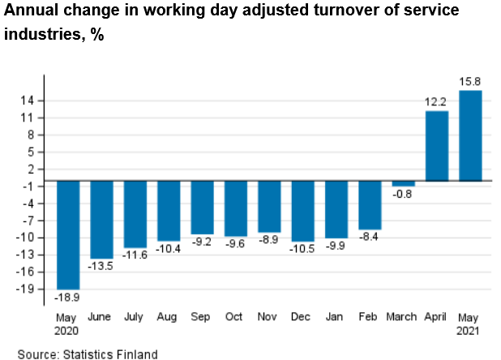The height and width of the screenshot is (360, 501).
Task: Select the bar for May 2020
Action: (x=68, y=234)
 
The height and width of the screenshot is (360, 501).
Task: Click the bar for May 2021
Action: (x=470, y=135)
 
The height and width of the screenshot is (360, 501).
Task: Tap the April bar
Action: (x=437, y=146)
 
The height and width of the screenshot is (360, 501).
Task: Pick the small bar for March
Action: (x=403, y=183)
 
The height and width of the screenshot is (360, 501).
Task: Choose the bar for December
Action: (x=302, y=211)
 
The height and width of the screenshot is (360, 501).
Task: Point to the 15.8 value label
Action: (x=471, y=82)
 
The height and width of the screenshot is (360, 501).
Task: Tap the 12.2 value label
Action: (x=437, y=102)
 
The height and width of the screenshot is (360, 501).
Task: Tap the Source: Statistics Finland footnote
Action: (x=88, y=354)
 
